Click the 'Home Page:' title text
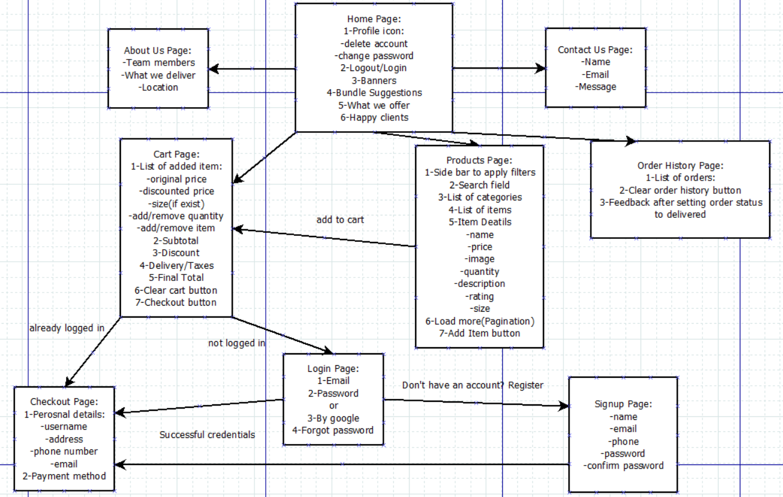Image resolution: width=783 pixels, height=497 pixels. pyautogui.click(x=373, y=19)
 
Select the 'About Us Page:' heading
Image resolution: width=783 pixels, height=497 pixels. pyautogui.click(x=158, y=50)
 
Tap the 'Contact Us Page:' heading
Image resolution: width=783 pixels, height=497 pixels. pyautogui.click(x=595, y=50)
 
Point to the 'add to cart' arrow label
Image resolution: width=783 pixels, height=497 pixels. pyautogui.click(x=340, y=220)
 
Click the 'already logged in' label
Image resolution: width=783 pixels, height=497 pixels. pyautogui.click(x=67, y=328)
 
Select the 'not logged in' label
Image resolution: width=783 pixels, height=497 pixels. pyautogui.click(x=237, y=343)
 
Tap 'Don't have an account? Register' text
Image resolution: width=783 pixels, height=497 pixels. pyautogui.click(x=473, y=385)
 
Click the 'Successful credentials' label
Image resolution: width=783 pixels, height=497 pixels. pyautogui.click(x=207, y=434)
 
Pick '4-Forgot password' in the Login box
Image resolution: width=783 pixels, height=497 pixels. pyautogui.click(x=333, y=430)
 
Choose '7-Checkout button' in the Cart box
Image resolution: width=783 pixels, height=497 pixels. pyautogui.click(x=176, y=302)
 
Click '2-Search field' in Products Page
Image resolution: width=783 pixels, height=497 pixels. pyautogui.click(x=479, y=185)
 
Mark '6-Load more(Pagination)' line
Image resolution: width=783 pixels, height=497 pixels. pyautogui.click(x=479, y=321)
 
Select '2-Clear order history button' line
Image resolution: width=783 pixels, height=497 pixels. pyautogui.click(x=680, y=190)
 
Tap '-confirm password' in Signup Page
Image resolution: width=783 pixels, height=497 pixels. pyautogui.click(x=622, y=466)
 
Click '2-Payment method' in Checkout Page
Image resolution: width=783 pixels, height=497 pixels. pyautogui.click(x=64, y=476)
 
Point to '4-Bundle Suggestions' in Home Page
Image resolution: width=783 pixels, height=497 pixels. pyautogui.click(x=374, y=93)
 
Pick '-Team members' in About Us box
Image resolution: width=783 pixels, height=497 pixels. pyautogui.click(x=158, y=63)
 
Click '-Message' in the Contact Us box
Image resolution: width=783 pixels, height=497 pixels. pyautogui.click(x=595, y=87)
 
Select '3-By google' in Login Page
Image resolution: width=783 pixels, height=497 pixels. pyautogui.click(x=333, y=418)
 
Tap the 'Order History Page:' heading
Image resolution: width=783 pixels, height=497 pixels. pyautogui.click(x=680, y=165)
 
